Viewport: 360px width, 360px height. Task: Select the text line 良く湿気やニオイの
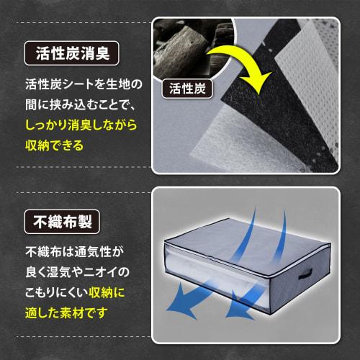tap(76, 273)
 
